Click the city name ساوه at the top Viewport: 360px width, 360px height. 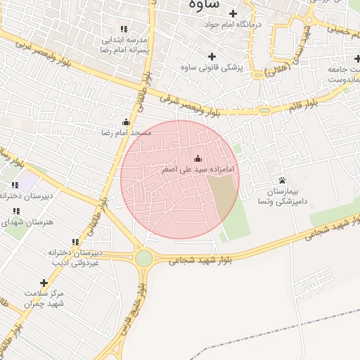pyautogui.click(x=205, y=4)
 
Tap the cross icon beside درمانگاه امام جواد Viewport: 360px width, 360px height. pyautogui.click(x=233, y=13)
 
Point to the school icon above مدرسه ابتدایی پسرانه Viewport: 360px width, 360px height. pyautogui.click(x=124, y=29)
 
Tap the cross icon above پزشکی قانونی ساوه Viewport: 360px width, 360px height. pyautogui.click(x=212, y=56)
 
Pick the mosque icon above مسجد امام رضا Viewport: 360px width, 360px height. pyautogui.click(x=127, y=122)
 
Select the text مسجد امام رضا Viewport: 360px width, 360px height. pyautogui.click(x=126, y=132)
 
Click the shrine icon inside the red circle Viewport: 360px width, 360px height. pyautogui.click(x=197, y=158)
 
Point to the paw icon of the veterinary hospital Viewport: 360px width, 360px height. pyautogui.click(x=282, y=181)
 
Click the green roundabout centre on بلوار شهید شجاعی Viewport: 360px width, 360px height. pyautogui.click(x=143, y=259)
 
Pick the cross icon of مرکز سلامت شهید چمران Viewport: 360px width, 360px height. pyautogui.click(x=44, y=283)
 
